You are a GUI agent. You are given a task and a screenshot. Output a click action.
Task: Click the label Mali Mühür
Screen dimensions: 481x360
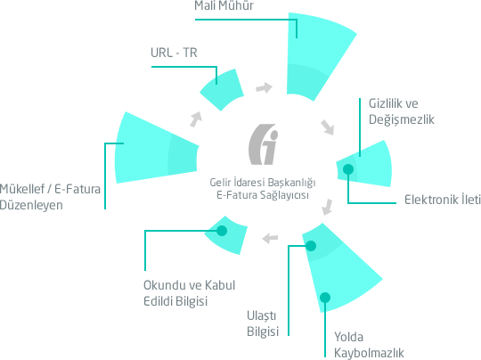(x=224, y=5)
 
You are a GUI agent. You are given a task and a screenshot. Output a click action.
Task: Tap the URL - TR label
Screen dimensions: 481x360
(x=174, y=53)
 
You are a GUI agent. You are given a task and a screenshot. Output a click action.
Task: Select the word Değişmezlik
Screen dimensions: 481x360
(x=401, y=119)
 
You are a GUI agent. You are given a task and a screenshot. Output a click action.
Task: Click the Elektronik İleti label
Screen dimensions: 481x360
(x=443, y=200)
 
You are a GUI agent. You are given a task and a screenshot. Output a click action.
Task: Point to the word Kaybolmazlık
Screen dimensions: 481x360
(x=369, y=353)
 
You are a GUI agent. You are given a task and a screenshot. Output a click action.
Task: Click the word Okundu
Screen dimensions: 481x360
(x=166, y=285)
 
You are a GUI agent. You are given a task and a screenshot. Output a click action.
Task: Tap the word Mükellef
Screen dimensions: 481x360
(x=22, y=189)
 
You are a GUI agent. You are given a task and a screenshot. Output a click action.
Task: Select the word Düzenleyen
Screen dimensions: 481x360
(x=31, y=205)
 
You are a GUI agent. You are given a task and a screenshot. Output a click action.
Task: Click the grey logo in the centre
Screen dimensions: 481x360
(x=263, y=144)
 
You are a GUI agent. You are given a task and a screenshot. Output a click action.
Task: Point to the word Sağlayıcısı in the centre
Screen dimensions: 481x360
(x=284, y=195)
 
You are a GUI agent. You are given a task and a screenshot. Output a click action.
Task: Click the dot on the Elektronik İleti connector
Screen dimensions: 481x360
(x=348, y=169)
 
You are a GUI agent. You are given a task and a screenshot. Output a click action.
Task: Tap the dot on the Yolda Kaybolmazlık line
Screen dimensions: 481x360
(x=325, y=298)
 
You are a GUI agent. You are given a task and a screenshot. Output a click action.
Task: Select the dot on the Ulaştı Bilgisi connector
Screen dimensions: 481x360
(x=311, y=246)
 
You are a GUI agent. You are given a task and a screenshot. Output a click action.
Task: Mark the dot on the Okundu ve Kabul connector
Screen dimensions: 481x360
(x=222, y=231)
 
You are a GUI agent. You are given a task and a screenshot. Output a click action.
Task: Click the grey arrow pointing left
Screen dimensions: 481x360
(x=270, y=238)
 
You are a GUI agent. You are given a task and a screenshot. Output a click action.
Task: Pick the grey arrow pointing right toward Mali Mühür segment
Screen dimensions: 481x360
(x=264, y=88)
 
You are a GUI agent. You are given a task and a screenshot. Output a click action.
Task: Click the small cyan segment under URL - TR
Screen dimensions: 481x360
(x=222, y=89)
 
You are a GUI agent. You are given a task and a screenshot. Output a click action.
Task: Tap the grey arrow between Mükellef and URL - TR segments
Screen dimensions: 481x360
(x=196, y=119)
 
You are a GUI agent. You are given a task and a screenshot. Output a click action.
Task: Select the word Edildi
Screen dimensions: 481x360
(x=159, y=301)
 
